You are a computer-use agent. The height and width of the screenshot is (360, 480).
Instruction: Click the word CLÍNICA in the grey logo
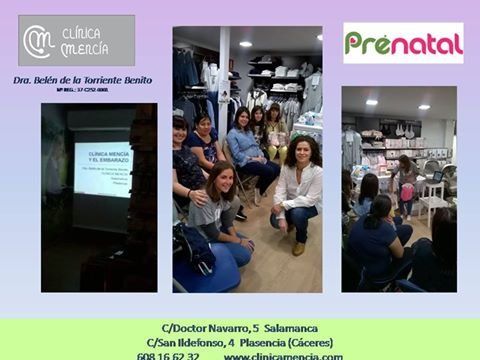click(84, 32)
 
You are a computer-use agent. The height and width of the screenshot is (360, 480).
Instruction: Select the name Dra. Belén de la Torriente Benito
click(82, 80)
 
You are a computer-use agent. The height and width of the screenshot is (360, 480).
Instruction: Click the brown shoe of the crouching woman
click(297, 248)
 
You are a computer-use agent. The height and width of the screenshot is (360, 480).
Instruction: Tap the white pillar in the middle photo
click(224, 80)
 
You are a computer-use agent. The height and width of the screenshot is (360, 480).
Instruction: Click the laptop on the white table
click(437, 177)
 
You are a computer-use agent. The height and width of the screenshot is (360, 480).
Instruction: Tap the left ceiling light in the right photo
click(372, 102)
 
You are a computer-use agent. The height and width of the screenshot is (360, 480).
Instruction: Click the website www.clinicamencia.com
click(283, 355)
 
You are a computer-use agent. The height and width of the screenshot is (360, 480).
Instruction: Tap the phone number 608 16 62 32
click(168, 355)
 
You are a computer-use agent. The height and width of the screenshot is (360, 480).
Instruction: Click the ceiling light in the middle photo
click(245, 44)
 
